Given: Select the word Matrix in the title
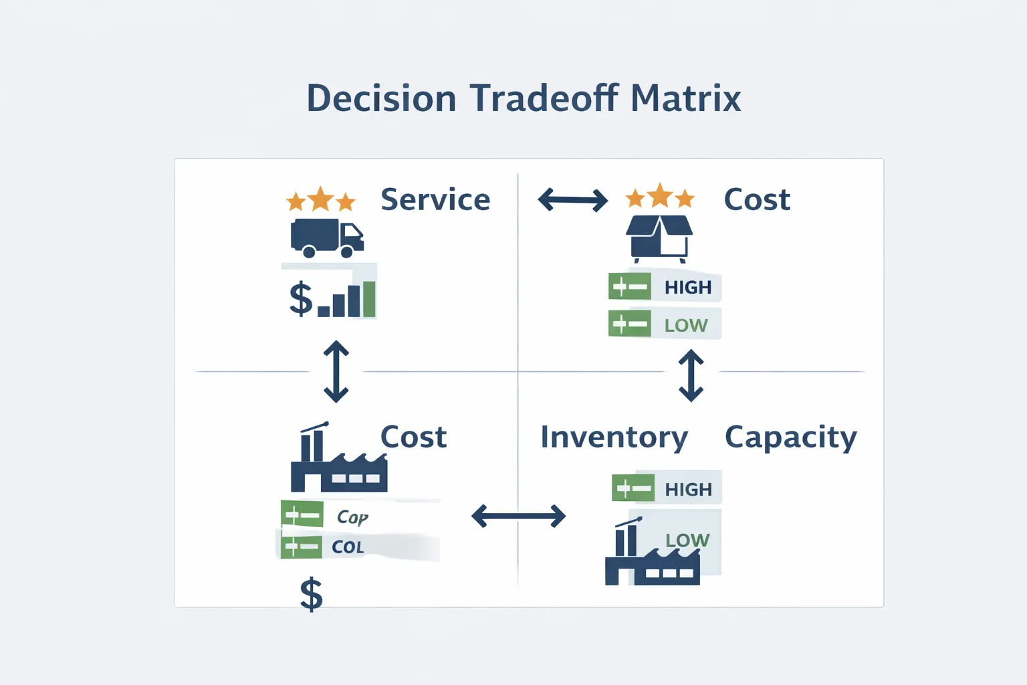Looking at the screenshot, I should point(685,98).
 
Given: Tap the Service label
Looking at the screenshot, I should point(435,199).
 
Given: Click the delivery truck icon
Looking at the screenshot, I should point(327,238).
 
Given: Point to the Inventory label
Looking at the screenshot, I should point(614,437).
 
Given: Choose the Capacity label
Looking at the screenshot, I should point(790,437).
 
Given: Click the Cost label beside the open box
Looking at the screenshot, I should point(757,199).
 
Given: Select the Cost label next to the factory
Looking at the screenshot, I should point(413,437).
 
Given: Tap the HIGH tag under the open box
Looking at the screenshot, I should point(687,288).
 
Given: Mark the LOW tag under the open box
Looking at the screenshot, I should point(685,325).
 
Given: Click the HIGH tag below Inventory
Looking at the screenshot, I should point(688,490).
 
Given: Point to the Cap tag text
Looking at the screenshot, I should point(352,517).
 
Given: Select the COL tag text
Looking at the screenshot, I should point(348,547).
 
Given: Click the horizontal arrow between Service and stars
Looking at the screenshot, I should point(573,199).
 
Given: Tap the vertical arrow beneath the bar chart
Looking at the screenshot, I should point(336,371).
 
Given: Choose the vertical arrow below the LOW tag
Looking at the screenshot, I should point(691,375).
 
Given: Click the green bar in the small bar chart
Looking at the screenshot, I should point(369,298).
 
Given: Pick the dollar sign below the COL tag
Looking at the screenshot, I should point(312,595).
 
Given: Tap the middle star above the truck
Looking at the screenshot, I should point(321,199).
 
